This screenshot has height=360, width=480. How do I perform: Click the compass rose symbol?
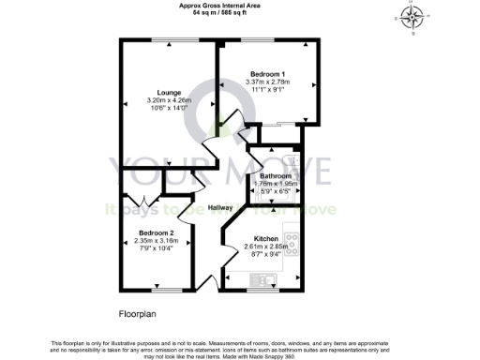(x=412, y=16)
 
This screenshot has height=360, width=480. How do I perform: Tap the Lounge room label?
(x=169, y=93)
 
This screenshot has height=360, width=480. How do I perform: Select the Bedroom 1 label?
(x=268, y=73)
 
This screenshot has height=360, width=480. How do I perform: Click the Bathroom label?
(x=277, y=176)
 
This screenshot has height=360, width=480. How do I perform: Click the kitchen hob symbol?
(x=293, y=247)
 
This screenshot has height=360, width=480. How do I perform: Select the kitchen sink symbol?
(x=259, y=280)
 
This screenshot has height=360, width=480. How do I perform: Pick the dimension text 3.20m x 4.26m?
(x=169, y=101)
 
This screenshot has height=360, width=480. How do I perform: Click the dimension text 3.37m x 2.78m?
(x=268, y=82)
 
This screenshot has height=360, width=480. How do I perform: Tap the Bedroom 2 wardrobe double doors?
(x=142, y=199)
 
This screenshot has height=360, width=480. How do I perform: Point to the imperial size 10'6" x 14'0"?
(x=169, y=110)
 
